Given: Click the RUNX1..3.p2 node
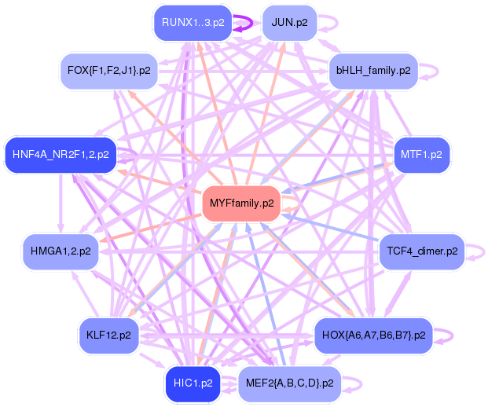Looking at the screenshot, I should pyautogui.click(x=193, y=22).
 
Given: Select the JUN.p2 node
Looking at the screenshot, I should pyautogui.click(x=289, y=22).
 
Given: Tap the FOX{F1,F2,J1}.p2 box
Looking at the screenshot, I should pyautogui.click(x=109, y=71).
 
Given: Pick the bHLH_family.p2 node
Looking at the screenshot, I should pyautogui.click(x=373, y=71).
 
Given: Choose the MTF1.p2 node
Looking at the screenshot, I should pyautogui.click(x=421, y=154).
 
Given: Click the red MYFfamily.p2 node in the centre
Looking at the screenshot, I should pyautogui.click(x=242, y=203).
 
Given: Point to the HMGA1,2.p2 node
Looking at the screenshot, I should pyautogui.click(x=61, y=251).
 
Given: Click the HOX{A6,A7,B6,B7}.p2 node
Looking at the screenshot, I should pyautogui.click(x=373, y=335).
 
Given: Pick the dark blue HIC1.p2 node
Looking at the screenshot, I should pyautogui.click(x=193, y=383).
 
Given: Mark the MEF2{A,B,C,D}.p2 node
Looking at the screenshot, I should pyautogui.click(x=289, y=383).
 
